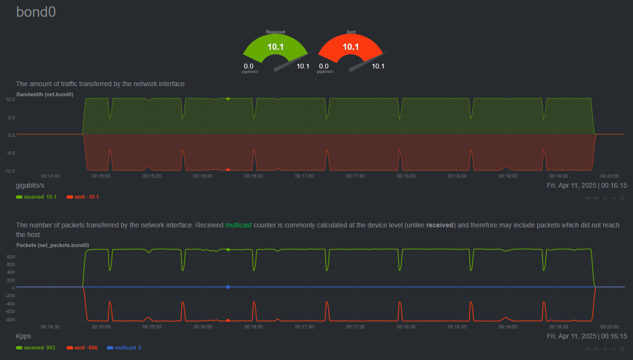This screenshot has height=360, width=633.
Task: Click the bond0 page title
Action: (36, 12)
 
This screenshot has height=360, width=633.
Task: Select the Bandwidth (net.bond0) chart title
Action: (45, 94)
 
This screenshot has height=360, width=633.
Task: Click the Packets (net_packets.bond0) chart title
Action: (52, 245)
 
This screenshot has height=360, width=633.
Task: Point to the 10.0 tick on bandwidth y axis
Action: (11, 99)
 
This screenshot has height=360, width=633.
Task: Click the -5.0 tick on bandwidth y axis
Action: (11, 153)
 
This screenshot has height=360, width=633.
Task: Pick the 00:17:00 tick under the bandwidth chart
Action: (304, 176)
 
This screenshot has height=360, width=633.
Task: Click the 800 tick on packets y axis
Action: (11, 257)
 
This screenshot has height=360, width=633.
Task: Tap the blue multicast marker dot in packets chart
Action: (228, 287)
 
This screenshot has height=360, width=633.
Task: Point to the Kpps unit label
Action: (23, 336)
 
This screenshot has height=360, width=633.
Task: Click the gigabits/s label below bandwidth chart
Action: (30, 185)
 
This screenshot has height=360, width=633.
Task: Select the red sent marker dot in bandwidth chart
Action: (228, 170)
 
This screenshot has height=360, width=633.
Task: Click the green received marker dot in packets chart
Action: (228, 249)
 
